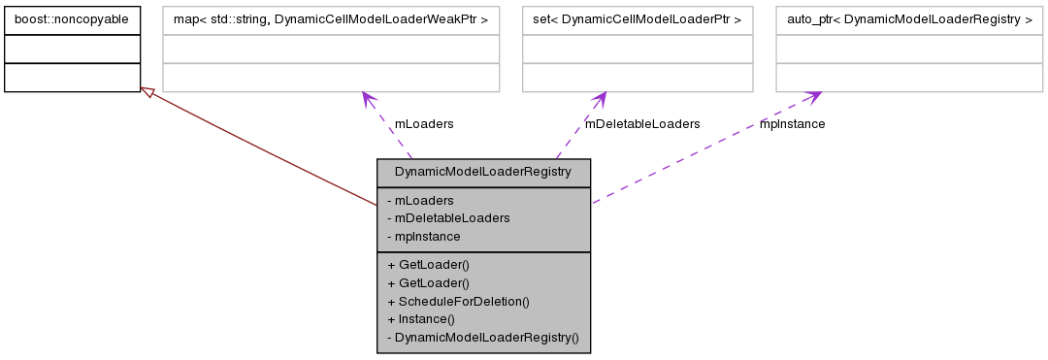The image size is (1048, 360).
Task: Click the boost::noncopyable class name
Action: click(x=72, y=18)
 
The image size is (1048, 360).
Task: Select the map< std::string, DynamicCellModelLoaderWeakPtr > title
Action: click(x=331, y=18)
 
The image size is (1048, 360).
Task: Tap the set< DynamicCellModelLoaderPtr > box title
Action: click(x=637, y=18)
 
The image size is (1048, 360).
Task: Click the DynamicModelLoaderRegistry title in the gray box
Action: click(x=483, y=173)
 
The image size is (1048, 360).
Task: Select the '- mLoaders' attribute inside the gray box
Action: click(x=418, y=201)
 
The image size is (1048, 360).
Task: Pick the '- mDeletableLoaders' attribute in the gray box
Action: click(x=447, y=218)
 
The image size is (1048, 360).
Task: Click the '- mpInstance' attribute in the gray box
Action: click(x=423, y=236)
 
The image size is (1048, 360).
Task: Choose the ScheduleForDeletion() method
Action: click(x=458, y=301)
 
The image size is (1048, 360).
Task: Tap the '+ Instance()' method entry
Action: click(x=421, y=318)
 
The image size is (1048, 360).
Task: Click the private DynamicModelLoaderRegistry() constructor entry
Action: click(x=482, y=337)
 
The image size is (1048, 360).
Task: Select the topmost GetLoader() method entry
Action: click(x=428, y=264)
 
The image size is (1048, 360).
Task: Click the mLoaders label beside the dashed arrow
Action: click(x=423, y=124)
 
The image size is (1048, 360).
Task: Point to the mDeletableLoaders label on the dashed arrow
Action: click(x=641, y=124)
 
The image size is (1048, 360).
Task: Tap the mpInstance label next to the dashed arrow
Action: click(x=792, y=124)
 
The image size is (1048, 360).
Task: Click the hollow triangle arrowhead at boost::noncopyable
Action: click(x=147, y=92)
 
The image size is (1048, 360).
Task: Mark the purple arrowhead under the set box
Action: click(x=599, y=98)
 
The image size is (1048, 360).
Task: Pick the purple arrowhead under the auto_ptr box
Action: click(x=813, y=96)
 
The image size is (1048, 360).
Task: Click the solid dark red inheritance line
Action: click(x=262, y=148)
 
